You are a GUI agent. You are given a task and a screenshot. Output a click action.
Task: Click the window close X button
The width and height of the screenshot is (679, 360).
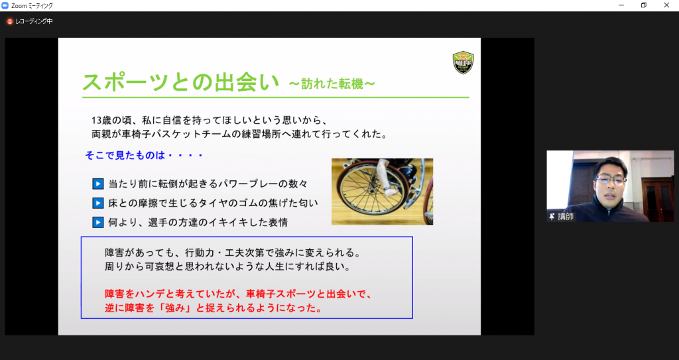(x=666, y=5)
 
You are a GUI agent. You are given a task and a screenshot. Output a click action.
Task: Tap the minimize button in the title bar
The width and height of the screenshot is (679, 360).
(x=621, y=5)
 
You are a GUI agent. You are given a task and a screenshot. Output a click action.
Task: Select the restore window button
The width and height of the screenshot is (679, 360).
(x=644, y=5)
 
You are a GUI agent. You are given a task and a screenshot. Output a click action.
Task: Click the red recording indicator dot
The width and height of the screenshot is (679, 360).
(x=9, y=21)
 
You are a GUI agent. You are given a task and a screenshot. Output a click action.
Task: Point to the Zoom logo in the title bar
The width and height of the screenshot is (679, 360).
(x=5, y=5)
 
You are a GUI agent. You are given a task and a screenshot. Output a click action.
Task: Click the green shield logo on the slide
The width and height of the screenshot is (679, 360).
(x=463, y=62)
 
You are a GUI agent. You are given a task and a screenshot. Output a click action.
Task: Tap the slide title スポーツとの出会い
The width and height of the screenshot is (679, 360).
(x=180, y=82)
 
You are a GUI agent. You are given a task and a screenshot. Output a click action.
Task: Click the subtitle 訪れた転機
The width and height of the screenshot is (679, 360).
(x=332, y=84)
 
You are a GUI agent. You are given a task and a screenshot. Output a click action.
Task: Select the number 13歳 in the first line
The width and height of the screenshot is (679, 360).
(x=101, y=121)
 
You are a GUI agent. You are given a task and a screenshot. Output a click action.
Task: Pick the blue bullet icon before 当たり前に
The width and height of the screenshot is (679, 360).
(x=98, y=184)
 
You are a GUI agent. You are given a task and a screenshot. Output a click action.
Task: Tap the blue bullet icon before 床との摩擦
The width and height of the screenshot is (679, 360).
(x=98, y=203)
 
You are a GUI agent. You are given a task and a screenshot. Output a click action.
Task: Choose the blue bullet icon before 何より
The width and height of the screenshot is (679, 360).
(x=98, y=222)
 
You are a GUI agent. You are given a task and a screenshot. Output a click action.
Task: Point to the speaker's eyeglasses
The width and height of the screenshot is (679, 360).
(x=611, y=180)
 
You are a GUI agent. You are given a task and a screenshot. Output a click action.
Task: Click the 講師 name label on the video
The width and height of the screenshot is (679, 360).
(x=566, y=217)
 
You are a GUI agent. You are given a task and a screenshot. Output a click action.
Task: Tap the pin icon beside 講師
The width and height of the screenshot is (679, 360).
(x=552, y=217)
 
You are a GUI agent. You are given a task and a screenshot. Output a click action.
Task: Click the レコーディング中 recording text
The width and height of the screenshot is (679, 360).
(x=34, y=21)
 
